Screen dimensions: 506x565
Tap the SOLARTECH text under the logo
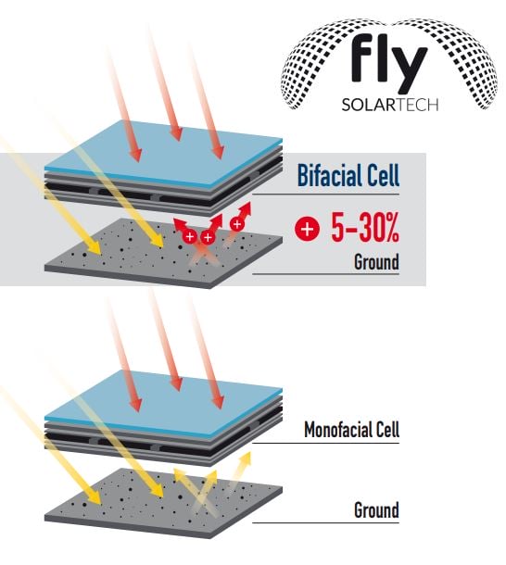pos(390,105)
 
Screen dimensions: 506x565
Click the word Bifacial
pos(323,175)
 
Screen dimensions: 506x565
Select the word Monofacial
pos(332,430)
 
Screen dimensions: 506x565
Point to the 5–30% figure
pos(365,227)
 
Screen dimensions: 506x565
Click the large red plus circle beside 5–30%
pos(307,229)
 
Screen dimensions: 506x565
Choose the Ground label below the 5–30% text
pos(376,261)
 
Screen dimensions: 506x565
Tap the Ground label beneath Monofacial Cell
pos(376,509)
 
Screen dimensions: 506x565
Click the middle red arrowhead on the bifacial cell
pos(176,134)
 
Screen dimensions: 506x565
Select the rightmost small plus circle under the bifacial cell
pos(236,224)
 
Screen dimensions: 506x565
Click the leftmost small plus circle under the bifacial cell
pos(189,236)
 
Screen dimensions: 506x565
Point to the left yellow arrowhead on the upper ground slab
pos(95,248)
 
